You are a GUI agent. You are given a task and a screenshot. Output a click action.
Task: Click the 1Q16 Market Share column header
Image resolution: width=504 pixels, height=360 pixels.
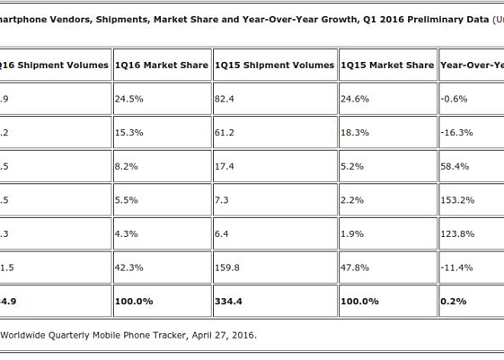[161, 65]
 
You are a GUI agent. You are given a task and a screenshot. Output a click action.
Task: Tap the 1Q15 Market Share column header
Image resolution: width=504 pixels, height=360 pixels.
[386, 65]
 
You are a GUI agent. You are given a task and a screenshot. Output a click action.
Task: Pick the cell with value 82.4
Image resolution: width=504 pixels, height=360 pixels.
[225, 98]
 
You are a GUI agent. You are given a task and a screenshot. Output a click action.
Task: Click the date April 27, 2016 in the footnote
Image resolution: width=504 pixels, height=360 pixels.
[221, 336]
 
